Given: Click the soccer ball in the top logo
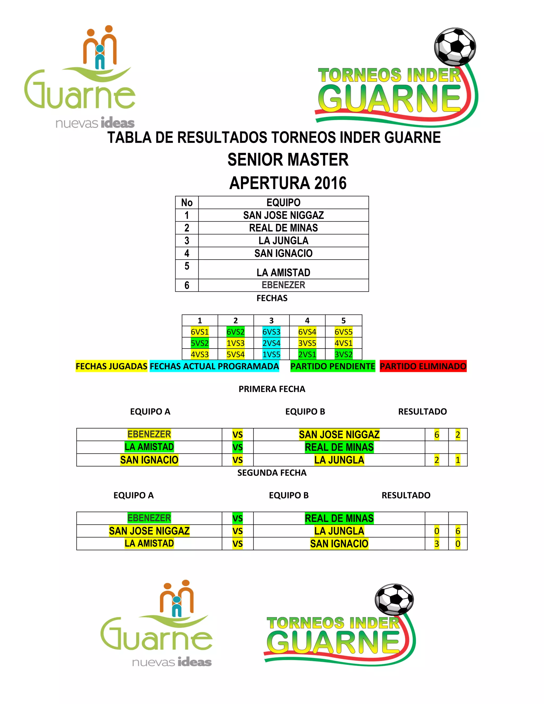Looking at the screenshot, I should tap(455, 46).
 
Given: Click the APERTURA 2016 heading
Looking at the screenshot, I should tap(288, 183).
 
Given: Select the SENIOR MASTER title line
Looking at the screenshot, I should tap(288, 160).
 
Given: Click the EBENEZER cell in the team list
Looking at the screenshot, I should tap(283, 285).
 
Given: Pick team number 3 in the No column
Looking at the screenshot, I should tap(186, 240).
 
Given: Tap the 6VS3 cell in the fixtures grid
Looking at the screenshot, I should tap(271, 332).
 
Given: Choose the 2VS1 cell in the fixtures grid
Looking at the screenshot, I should tap(307, 354).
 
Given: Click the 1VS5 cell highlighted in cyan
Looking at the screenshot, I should tap(271, 354).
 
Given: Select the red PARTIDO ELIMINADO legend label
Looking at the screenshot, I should tap(423, 366).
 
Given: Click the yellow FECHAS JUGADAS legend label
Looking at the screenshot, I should tap(112, 366).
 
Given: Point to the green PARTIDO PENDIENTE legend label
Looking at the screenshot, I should tap(333, 366).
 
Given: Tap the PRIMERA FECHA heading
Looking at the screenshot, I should tap(272, 389).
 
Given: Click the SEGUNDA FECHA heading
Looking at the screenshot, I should tap(272, 473).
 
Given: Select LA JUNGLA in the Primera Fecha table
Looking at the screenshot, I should tap(339, 460).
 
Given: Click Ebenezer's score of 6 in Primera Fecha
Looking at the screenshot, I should tap(437, 435).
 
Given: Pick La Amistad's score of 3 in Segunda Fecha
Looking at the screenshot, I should tap(437, 544).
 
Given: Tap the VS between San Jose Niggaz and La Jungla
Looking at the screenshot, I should tap(237, 531).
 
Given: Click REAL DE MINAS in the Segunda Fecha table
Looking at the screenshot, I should tap(339, 518).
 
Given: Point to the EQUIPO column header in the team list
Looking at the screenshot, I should tap(283, 202).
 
